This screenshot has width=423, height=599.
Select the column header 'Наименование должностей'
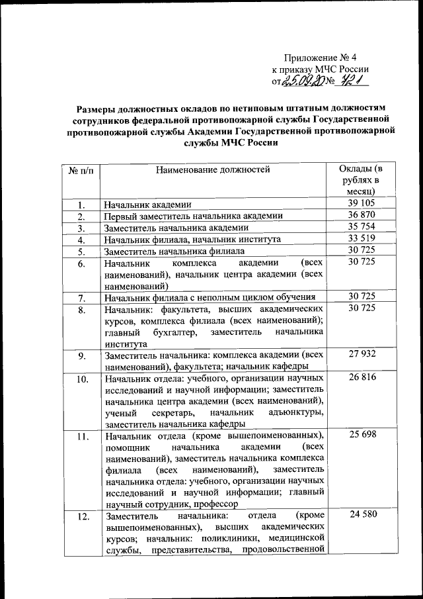click(213, 170)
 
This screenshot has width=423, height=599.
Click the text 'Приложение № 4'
click(320, 57)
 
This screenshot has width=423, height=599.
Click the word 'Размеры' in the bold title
click(95, 107)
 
